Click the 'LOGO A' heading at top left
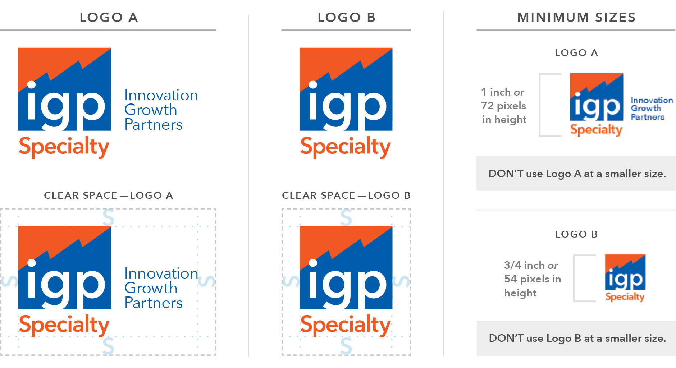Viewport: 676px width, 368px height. tap(109, 17)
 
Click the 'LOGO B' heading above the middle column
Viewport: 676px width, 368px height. tap(346, 17)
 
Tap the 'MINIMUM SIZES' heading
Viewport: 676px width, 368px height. tap(576, 17)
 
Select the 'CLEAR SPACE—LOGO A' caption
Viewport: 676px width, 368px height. tap(109, 195)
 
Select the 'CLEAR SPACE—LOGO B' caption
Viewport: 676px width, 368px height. tap(346, 195)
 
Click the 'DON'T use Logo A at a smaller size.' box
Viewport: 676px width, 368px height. tap(576, 174)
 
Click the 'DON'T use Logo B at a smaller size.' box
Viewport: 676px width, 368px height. tap(576, 338)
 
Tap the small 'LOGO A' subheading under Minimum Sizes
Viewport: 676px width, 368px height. tap(576, 53)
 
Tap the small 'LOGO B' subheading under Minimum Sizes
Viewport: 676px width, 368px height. tap(576, 234)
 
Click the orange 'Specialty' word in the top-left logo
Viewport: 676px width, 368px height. tap(64, 147)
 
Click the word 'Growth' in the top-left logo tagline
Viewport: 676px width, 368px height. tap(151, 110)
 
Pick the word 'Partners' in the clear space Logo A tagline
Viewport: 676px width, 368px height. tap(154, 303)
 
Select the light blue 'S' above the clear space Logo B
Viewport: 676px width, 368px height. tap(346, 217)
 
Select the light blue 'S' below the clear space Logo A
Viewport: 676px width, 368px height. tap(108, 345)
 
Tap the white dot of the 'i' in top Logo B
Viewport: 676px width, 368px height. tap(313, 85)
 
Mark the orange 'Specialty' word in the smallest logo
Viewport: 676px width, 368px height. tap(625, 297)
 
